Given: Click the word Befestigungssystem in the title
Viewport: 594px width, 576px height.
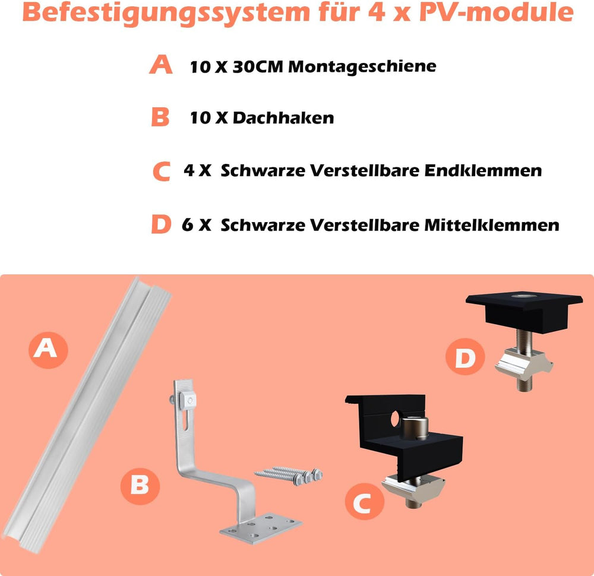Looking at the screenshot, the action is click(x=166, y=14).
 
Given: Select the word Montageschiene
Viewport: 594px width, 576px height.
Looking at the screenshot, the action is click(x=362, y=67).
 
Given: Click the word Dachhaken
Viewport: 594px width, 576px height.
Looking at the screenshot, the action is click(x=283, y=118).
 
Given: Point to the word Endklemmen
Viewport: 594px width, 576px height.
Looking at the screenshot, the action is click(x=483, y=170).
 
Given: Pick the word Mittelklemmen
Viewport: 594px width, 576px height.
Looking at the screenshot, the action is click(x=492, y=225).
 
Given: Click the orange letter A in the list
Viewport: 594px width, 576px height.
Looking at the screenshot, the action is click(x=161, y=64).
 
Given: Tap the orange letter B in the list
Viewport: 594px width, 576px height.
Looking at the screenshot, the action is click(x=160, y=116).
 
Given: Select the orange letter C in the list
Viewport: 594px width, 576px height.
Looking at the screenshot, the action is click(x=162, y=171).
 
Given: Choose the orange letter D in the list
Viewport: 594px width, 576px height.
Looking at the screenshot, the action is click(x=161, y=224).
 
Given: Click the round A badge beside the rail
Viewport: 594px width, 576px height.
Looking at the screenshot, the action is click(x=48, y=350).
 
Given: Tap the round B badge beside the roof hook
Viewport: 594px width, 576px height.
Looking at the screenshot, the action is click(x=140, y=486).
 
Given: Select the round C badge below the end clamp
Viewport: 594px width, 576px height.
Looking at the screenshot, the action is click(x=364, y=501).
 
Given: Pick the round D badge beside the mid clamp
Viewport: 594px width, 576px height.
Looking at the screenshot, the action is click(x=465, y=356).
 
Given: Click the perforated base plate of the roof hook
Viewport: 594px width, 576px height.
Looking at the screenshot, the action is click(x=261, y=528).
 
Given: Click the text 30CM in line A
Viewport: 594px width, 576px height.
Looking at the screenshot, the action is click(x=258, y=67).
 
